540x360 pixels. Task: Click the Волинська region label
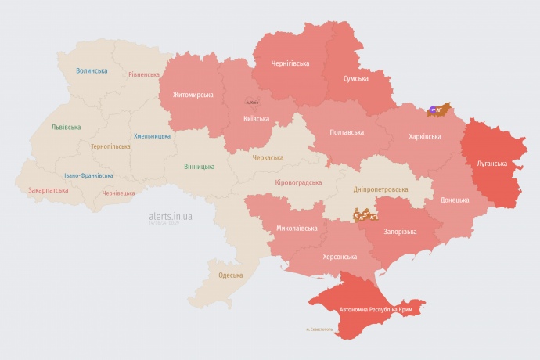[92, 71]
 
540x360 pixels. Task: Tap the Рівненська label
[144, 75]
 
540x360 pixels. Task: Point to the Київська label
[257, 119]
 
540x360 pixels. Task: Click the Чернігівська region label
[290, 63]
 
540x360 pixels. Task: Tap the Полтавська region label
[347, 131]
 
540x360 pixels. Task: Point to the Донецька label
[455, 200]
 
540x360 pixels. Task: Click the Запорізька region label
[400, 232]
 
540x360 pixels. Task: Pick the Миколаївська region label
[297, 229]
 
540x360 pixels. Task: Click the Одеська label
[230, 275]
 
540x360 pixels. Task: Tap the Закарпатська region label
[48, 190]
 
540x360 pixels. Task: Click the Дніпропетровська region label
[380, 190]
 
